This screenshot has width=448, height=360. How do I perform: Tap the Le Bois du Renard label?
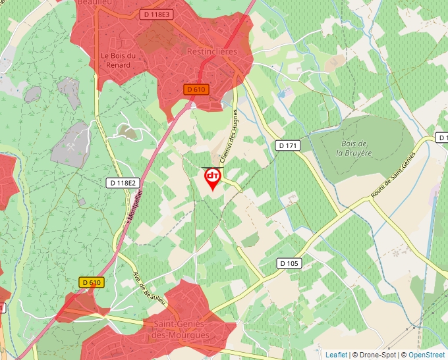click(x=119, y=60)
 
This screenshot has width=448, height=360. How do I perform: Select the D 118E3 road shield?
click(x=157, y=14)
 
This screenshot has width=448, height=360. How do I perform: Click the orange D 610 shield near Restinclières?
click(x=196, y=90)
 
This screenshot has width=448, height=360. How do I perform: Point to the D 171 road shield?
click(x=288, y=145)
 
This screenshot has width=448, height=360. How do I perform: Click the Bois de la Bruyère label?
click(x=354, y=148)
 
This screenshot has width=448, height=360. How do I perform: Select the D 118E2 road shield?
click(x=121, y=182)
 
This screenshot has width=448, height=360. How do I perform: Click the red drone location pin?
click(x=213, y=178)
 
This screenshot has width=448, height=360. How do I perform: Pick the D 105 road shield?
click(x=289, y=263)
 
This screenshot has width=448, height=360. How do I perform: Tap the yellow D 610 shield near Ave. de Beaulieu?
click(x=92, y=282)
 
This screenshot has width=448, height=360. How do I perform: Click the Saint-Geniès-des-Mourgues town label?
click(x=181, y=330)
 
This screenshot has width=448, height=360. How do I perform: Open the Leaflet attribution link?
click(x=336, y=355)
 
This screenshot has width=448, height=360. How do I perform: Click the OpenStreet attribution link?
click(x=426, y=355)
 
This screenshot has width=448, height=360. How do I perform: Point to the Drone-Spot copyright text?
click(x=374, y=355)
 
